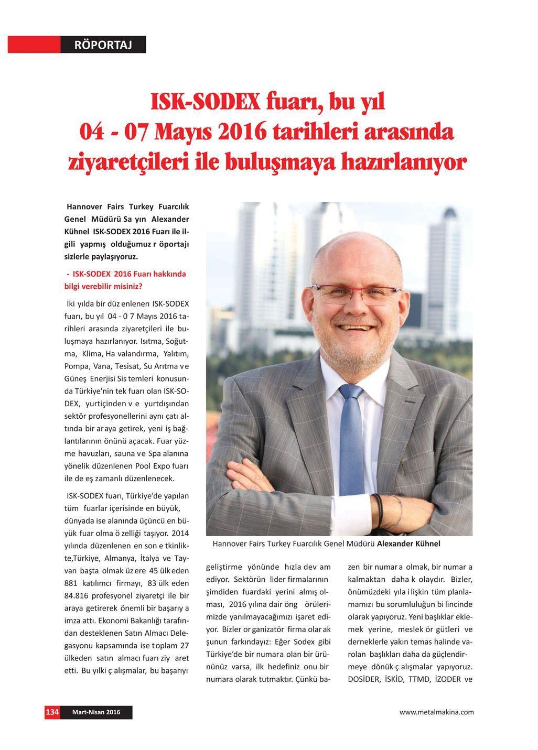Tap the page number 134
tap(52, 712)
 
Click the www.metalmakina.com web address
tap(436, 712)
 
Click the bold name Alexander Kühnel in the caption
tap(408, 544)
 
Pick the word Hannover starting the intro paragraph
tap(84, 206)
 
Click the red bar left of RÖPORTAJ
tap(34, 45)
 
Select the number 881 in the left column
tap(71, 583)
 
